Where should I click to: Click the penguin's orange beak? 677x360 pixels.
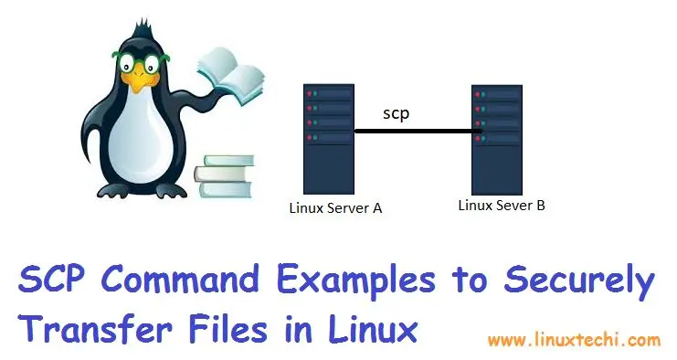pos(138,83)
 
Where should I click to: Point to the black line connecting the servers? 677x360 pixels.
pos(417,132)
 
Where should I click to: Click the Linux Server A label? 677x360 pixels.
pos(334,208)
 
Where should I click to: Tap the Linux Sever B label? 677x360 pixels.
pos(502,205)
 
